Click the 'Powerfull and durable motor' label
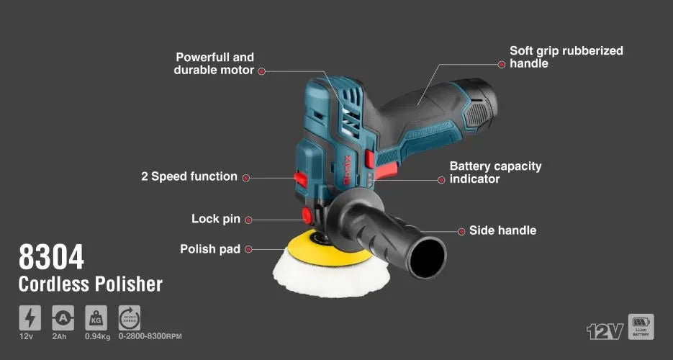pyautogui.click(x=214, y=63)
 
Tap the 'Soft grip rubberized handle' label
pyautogui.click(x=566, y=57)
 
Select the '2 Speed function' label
pyautogui.click(x=189, y=176)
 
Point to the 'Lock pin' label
pyautogui.click(x=216, y=219)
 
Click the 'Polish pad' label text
pyautogui.click(x=209, y=249)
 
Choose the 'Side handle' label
pyautogui.click(x=502, y=230)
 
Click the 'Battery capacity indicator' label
pyautogui.click(x=495, y=172)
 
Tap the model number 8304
pyautogui.click(x=51, y=257)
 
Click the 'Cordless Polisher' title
pyautogui.click(x=90, y=284)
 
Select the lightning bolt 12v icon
pyautogui.click(x=30, y=318)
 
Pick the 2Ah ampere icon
pyautogui.click(x=63, y=318)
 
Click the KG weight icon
pyautogui.click(x=96, y=318)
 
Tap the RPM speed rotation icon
pyautogui.click(x=130, y=318)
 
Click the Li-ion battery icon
pyautogui.click(x=641, y=326)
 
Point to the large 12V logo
pyautogui.click(x=604, y=330)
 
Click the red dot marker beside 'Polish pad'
pyautogui.click(x=248, y=249)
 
